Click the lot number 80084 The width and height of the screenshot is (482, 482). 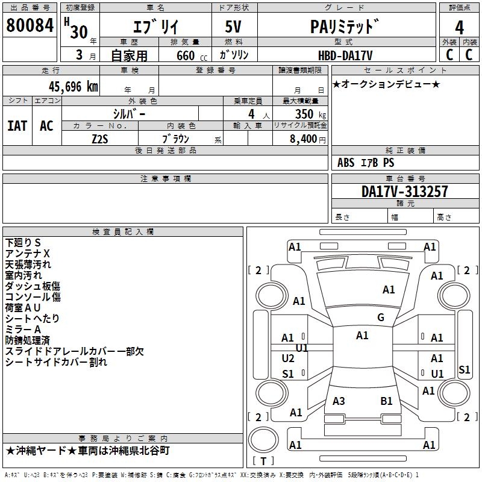pyautogui.click(x=30, y=25)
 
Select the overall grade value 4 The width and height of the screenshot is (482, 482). pyautogui.click(x=459, y=28)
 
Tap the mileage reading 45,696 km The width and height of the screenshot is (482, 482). pyautogui.click(x=74, y=87)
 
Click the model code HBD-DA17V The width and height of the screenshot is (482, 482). pyautogui.click(x=345, y=55)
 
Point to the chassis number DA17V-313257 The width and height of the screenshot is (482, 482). pyautogui.click(x=404, y=191)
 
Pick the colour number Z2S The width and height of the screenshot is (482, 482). pyautogui.click(x=100, y=139)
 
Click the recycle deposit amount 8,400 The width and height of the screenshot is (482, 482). pyautogui.click(x=303, y=139)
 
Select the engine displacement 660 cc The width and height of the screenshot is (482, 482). pyautogui.click(x=192, y=55)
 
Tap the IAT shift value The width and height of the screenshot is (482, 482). pyautogui.click(x=17, y=126)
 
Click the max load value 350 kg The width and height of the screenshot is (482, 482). pyautogui.click(x=310, y=114)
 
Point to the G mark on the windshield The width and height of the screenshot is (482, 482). pyautogui.click(x=381, y=318)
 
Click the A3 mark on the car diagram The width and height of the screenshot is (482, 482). pyautogui.click(x=339, y=401)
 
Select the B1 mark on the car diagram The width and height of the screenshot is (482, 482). pyautogui.click(x=386, y=401)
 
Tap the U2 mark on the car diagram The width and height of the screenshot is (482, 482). pyautogui.click(x=288, y=358)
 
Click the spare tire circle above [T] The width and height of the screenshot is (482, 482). pyautogui.click(x=263, y=440)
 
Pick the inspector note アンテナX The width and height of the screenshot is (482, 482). pyautogui.click(x=27, y=254)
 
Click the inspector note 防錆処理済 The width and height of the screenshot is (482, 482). pyautogui.click(x=27, y=340)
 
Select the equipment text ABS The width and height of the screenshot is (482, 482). pyautogui.click(x=346, y=163)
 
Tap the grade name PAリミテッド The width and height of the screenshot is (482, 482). pyautogui.click(x=344, y=27)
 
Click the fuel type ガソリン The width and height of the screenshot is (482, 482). pyautogui.click(x=234, y=55)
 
